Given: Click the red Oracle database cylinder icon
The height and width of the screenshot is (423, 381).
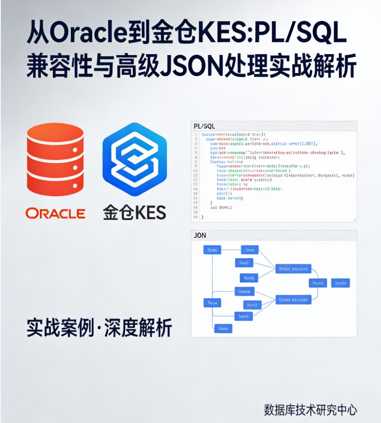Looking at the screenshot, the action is [55, 159].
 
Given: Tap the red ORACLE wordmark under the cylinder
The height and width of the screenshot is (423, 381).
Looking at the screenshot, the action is [55, 213].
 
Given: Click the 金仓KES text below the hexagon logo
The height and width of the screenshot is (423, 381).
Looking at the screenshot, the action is [134, 213].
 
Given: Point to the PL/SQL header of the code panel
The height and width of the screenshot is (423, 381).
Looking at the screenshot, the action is [204, 126].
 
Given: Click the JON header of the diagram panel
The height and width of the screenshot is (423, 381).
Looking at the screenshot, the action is [200, 235].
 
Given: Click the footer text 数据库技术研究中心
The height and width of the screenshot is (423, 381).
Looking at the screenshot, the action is [310, 409].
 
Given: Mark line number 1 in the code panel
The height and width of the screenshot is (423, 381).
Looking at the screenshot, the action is [196, 135].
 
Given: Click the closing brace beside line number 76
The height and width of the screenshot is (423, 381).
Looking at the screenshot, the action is [202, 218].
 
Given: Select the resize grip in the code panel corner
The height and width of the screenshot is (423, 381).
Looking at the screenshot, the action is [354, 219].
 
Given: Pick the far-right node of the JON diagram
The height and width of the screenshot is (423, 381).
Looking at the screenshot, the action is [341, 283].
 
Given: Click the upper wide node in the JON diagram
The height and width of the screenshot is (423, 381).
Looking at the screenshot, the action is [293, 269].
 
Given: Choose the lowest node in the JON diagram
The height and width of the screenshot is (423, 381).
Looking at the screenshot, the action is [223, 328].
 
